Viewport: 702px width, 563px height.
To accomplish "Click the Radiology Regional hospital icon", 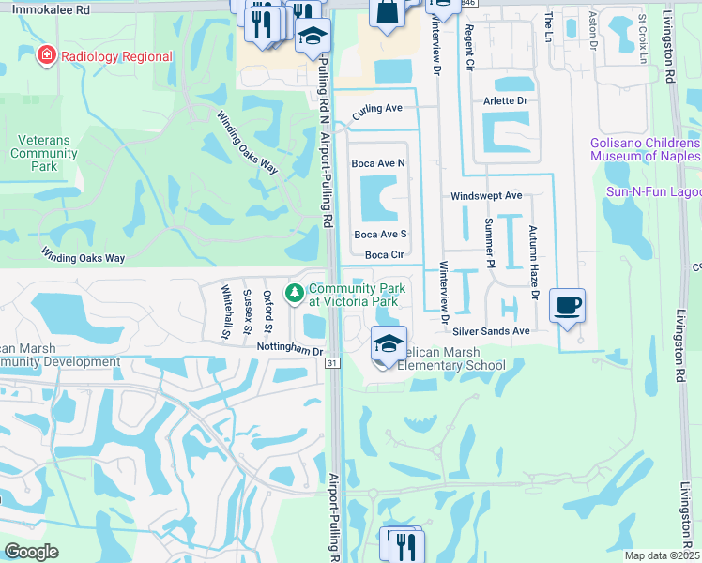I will coord(44,56).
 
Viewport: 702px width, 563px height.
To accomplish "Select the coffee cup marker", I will coord(567,307).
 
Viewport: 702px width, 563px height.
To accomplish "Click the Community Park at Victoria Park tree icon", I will coord(296,295).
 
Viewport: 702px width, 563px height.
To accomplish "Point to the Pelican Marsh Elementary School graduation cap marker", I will coord(389,343).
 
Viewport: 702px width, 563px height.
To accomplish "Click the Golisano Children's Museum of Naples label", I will coord(646,149).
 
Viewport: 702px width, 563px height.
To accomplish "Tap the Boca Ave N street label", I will coord(377,163).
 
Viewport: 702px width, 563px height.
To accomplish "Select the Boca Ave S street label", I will coord(379,235).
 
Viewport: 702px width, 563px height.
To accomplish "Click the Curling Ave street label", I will coord(377,110).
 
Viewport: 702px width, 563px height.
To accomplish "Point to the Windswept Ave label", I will coord(485,196).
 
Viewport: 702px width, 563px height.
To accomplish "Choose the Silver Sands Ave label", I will coord(491,331).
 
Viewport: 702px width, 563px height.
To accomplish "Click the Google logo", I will coord(31,552).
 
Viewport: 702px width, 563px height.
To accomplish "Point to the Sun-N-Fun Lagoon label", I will coord(653,191).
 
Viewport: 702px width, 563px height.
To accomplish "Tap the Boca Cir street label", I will coord(384,254).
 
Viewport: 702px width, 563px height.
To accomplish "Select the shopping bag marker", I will coord(387,12).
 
